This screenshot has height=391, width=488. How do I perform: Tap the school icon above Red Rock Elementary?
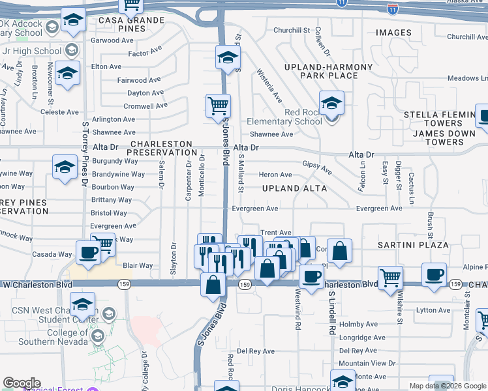[331, 103]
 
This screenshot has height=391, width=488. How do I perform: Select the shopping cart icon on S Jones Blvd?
[218, 105]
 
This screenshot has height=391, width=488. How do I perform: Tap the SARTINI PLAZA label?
[413, 245]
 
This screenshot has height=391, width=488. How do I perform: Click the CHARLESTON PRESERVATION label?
[161, 148]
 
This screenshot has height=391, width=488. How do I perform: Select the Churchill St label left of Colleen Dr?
[292, 31]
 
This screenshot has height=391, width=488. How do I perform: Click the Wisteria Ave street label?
[269, 86]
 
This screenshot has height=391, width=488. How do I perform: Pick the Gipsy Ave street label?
[317, 167]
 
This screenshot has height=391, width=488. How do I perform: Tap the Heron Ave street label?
[275, 175]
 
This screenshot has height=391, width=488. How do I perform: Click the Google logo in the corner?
[22, 383]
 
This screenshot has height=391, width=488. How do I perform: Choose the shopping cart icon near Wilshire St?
[390, 277]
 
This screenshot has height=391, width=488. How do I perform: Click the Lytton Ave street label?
[436, 311]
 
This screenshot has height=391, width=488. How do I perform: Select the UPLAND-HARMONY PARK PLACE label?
[328, 71]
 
